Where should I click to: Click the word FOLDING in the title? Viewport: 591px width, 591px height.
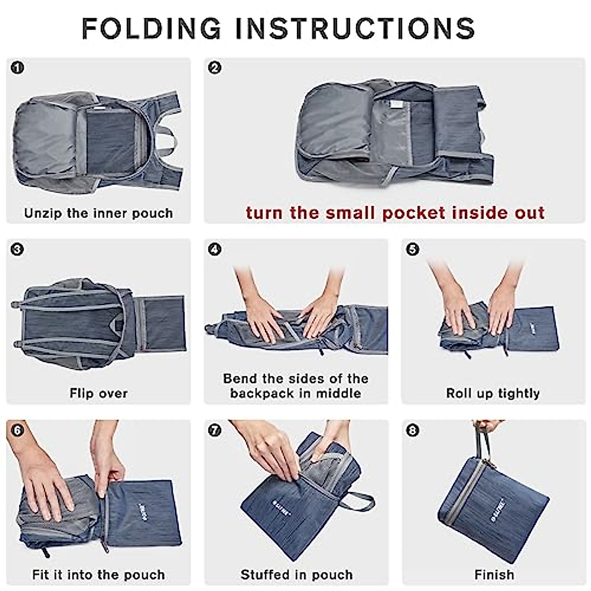[x=151, y=28]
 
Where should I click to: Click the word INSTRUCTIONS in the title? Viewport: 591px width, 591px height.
[x=355, y=28]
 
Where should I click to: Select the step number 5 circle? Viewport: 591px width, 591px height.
[x=413, y=249]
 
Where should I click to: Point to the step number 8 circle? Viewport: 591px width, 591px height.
[x=413, y=430]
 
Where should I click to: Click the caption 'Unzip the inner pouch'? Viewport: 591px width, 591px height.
[x=98, y=213]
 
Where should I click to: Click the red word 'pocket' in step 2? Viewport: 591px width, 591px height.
[x=413, y=213]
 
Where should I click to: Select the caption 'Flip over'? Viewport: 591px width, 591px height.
[x=98, y=394]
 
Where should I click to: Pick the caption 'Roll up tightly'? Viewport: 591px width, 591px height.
[x=493, y=394]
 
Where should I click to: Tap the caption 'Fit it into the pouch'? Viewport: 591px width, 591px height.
[x=98, y=575]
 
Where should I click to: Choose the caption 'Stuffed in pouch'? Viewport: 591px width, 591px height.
[x=296, y=575]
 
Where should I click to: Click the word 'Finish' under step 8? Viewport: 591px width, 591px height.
[x=494, y=575]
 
